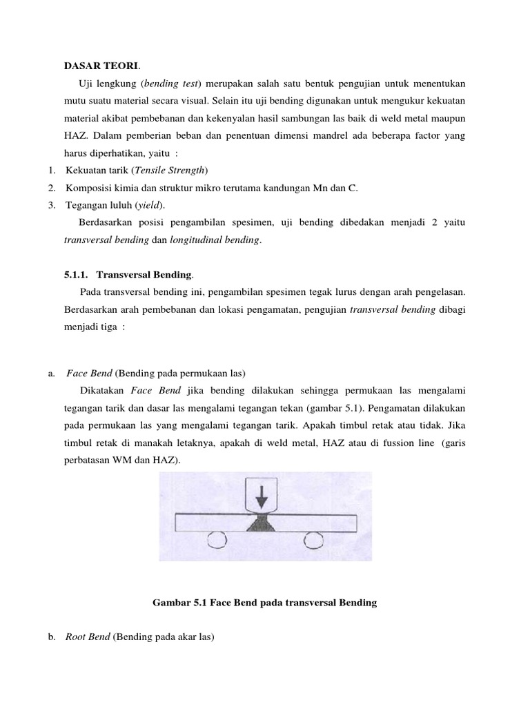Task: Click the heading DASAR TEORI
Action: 101,66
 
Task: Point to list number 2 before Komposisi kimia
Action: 52,188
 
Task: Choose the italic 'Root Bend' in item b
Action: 88,637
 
